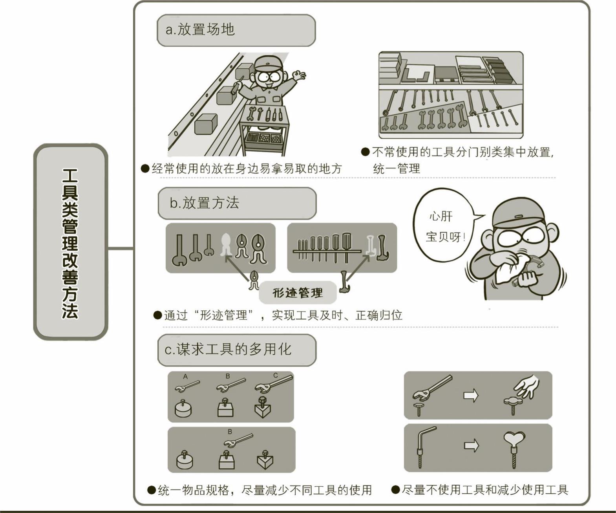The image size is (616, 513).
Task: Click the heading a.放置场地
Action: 200,30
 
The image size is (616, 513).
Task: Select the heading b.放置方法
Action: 204,203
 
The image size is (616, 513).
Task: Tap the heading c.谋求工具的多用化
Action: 228,350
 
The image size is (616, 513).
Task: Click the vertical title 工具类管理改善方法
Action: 70,244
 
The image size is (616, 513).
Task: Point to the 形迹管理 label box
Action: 298,293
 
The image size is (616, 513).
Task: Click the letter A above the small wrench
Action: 185,377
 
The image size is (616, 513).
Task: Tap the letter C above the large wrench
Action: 276,376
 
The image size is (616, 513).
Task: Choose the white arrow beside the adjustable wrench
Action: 471,396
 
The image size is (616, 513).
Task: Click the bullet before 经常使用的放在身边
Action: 145,169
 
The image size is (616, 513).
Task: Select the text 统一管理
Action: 396,169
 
